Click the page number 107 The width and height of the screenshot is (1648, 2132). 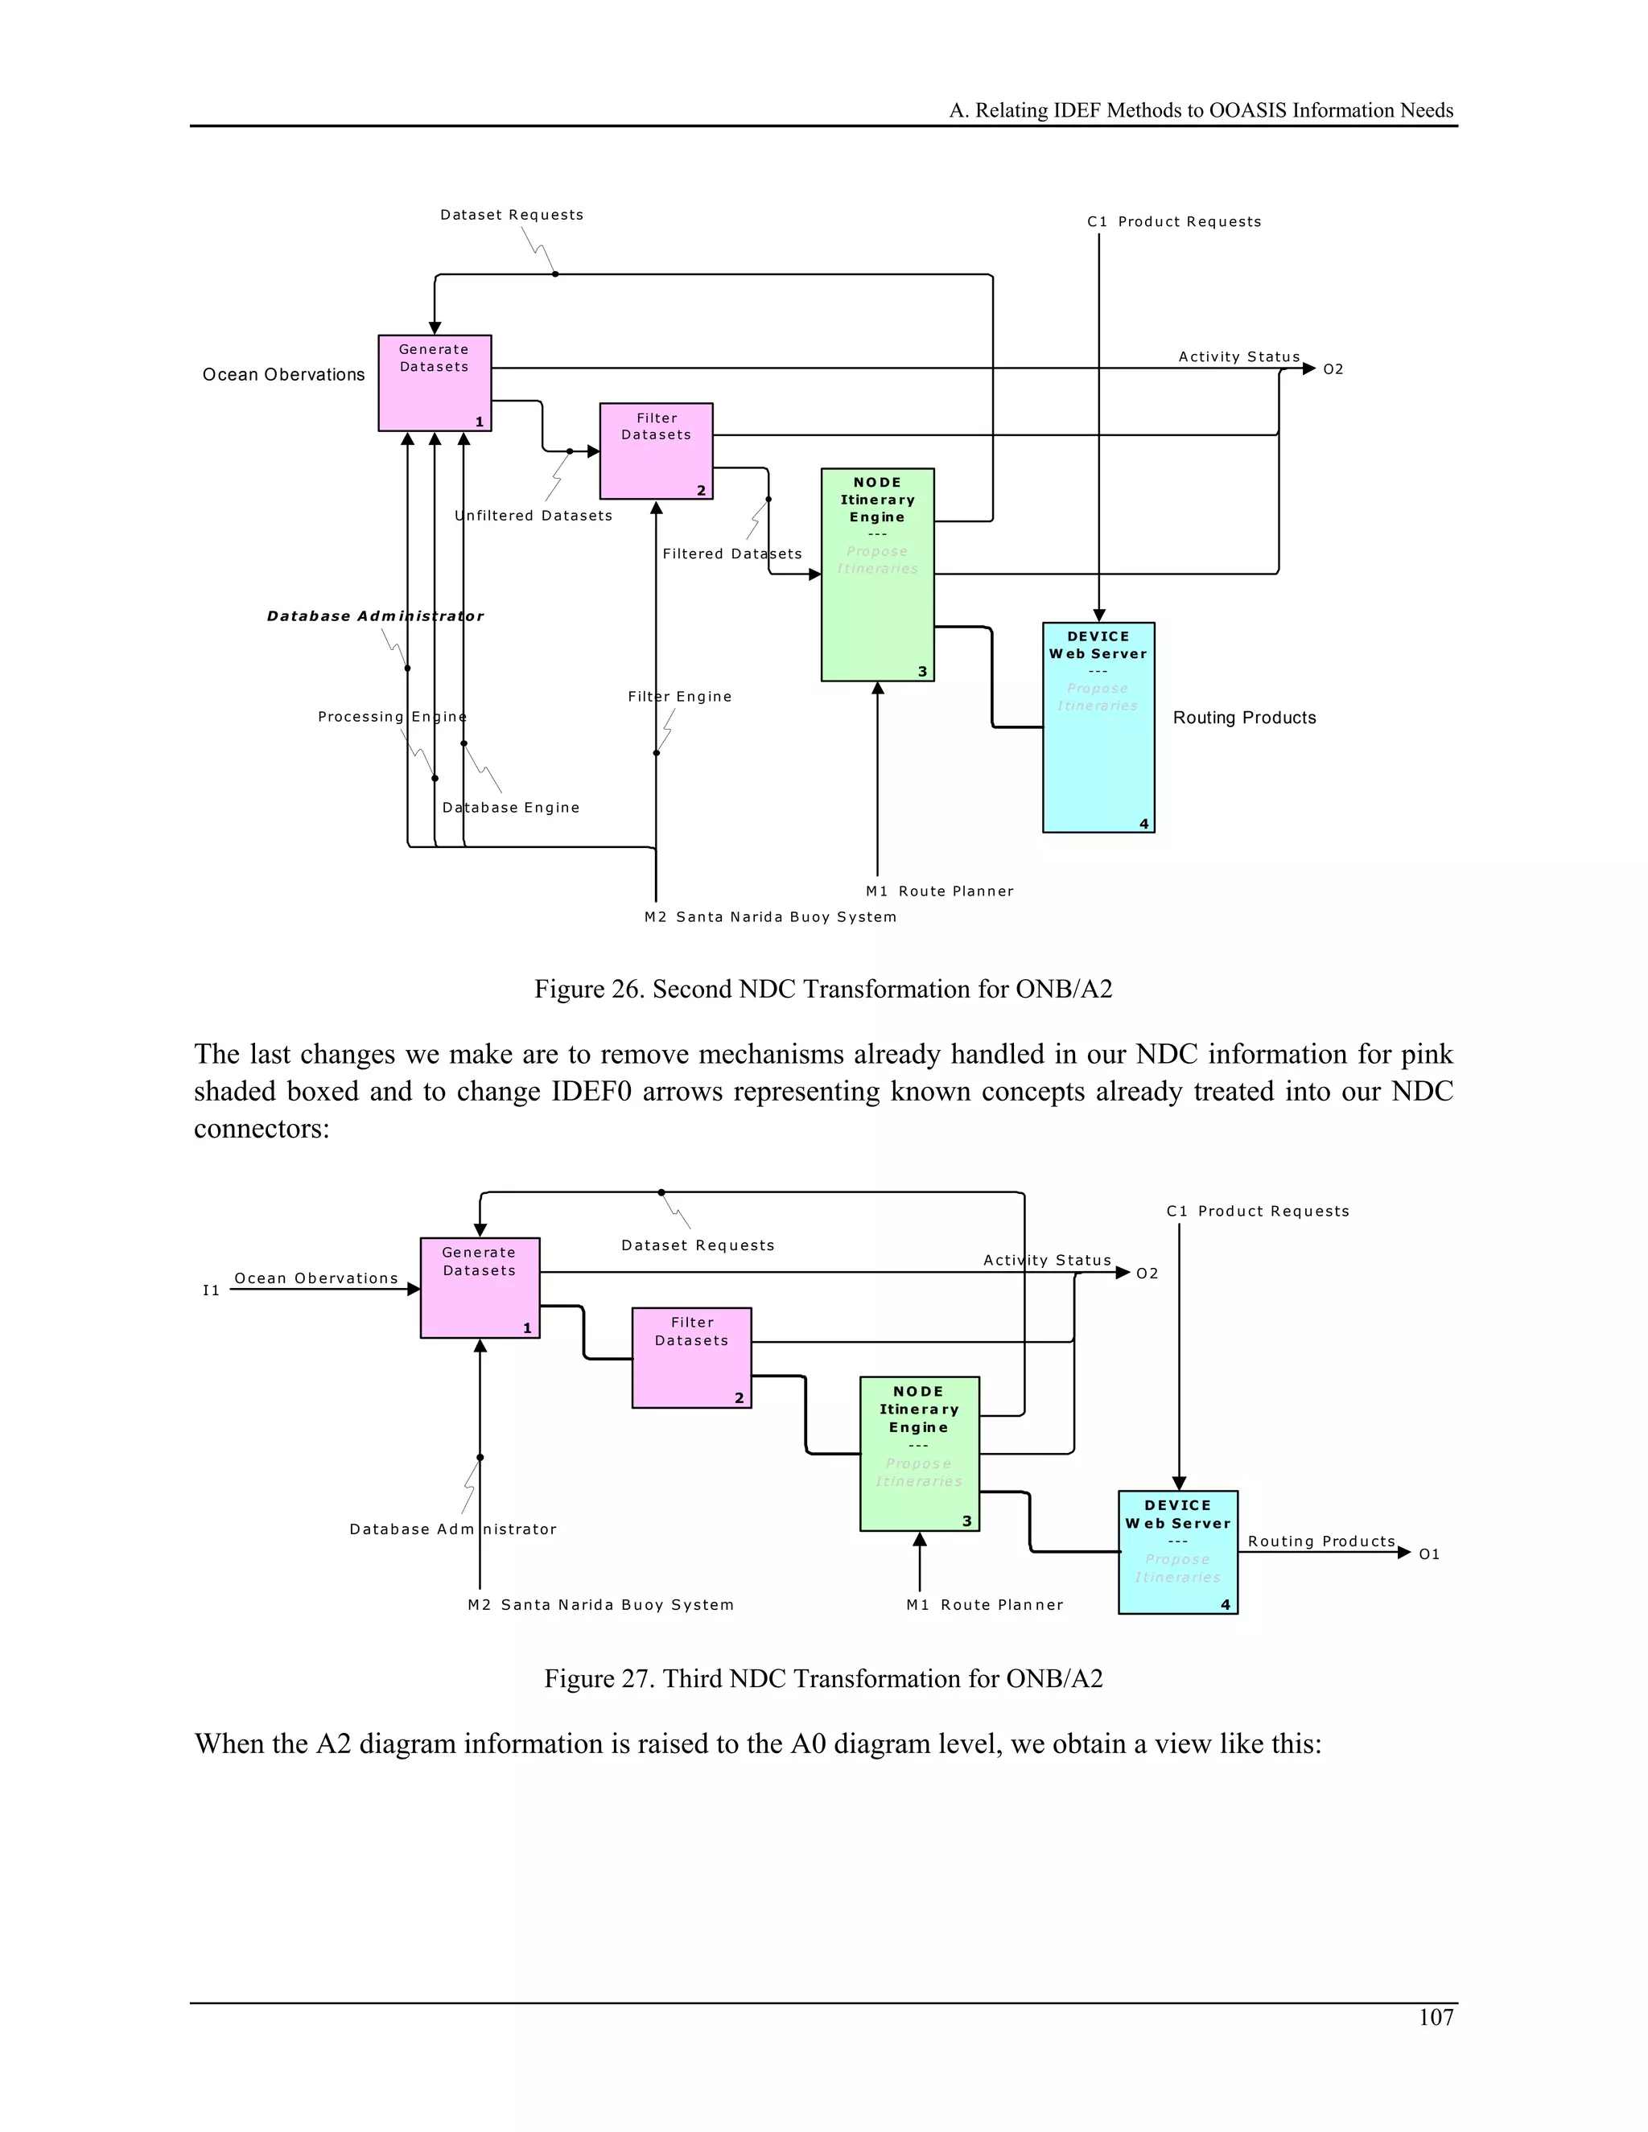[x=1436, y=2017]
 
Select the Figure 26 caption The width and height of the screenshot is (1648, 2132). [x=823, y=989]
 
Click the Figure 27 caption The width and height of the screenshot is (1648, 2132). [x=823, y=1678]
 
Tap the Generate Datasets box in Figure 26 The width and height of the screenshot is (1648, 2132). [x=435, y=383]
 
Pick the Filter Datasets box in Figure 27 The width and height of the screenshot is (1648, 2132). [x=691, y=1358]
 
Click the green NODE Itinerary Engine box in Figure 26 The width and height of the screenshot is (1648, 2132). [x=878, y=575]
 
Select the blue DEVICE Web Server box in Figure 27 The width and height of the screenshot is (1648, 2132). [x=1177, y=1552]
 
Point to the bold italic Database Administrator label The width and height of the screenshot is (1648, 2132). [x=375, y=616]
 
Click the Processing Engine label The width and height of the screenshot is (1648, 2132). [x=392, y=717]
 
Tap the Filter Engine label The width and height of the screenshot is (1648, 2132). [x=679, y=696]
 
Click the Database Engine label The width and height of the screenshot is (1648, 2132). [x=511, y=807]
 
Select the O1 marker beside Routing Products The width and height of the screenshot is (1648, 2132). [x=1429, y=1554]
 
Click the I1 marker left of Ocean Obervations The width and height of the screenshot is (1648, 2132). [x=211, y=1290]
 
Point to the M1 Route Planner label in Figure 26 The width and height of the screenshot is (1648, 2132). [x=939, y=891]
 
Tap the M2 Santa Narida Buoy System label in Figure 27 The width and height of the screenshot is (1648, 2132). [x=600, y=1605]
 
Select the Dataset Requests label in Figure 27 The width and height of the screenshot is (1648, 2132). [x=697, y=1245]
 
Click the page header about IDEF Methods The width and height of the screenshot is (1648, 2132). [x=1201, y=110]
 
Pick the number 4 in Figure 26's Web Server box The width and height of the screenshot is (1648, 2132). [x=1144, y=824]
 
